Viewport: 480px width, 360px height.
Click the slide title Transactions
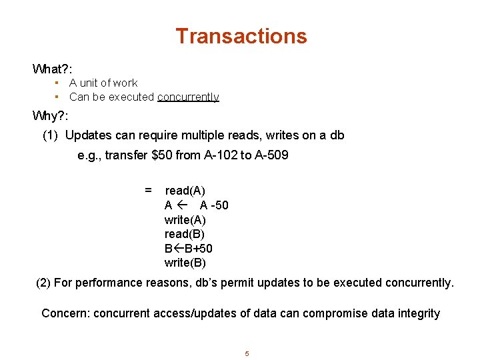click(x=241, y=36)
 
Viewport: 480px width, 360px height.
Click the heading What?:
click(x=52, y=69)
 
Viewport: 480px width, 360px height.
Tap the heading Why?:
click(x=51, y=116)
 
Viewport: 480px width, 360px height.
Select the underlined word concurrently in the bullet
click(x=188, y=97)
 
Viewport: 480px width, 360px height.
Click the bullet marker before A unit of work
click(x=58, y=83)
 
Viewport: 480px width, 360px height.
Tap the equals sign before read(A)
click(x=148, y=191)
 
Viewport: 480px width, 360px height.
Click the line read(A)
click(x=185, y=191)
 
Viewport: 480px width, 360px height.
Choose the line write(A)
click(x=185, y=220)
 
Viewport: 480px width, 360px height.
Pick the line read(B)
click(x=185, y=234)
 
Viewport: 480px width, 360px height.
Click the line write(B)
click(x=185, y=263)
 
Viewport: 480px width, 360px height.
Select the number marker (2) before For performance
click(x=43, y=283)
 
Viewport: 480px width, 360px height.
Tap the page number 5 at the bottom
click(x=247, y=354)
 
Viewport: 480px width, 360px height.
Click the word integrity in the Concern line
click(x=419, y=313)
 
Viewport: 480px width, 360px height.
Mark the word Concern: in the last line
click(x=65, y=313)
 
